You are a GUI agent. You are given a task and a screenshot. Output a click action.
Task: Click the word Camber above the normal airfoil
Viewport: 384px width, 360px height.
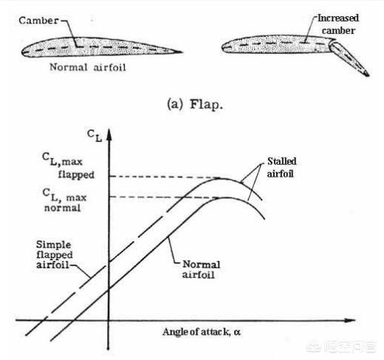39,21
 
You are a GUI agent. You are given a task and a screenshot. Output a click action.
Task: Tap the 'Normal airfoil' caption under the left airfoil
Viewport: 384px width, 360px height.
88,67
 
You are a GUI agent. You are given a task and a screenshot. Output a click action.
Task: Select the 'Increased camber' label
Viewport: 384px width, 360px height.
338,24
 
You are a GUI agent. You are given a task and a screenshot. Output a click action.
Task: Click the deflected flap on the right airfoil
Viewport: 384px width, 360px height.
349,58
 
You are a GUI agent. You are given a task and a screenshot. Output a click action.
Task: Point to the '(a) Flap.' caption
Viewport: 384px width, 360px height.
195,104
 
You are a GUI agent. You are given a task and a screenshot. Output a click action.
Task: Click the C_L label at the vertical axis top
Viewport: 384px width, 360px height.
95,135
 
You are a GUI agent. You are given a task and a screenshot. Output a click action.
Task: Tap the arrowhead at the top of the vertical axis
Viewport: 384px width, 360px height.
109,135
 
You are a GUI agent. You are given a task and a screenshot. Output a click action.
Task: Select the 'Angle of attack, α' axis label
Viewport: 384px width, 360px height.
202,332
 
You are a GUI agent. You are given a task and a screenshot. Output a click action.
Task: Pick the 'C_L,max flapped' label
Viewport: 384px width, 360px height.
68,166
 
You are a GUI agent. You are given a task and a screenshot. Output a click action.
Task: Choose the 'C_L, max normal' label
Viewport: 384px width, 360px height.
64,200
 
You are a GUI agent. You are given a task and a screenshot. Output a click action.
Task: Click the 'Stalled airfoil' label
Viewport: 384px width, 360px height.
281,168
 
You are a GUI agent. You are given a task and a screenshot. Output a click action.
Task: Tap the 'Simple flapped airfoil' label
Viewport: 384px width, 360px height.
55,254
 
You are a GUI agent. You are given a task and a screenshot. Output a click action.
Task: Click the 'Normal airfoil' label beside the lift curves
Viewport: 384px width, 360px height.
201,269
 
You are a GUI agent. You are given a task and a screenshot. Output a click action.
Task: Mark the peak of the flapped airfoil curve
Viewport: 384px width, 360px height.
222,179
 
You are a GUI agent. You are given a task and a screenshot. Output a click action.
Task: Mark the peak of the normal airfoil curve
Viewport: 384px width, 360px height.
224,198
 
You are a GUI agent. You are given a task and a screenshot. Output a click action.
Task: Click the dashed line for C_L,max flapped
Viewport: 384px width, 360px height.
165,177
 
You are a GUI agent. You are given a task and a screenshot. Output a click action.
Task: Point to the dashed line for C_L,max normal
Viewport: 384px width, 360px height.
165,197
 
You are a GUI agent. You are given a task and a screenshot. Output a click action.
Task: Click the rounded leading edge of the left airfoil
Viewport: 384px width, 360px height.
23,52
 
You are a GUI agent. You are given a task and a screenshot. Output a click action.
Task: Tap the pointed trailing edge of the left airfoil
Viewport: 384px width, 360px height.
181,52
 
